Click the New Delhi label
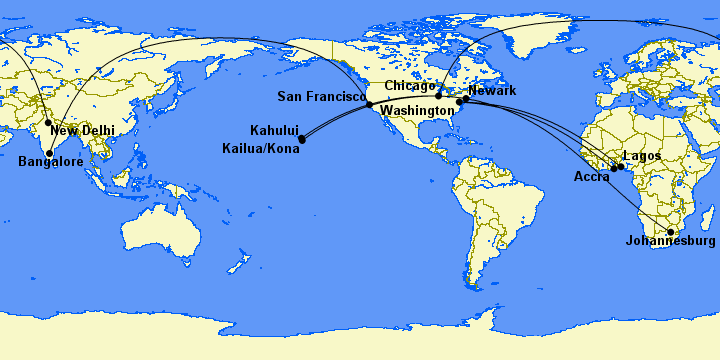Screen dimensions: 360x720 click(x=82, y=131)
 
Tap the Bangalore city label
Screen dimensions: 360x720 click(x=50, y=161)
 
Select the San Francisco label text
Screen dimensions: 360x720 click(x=320, y=96)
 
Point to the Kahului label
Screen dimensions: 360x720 click(x=274, y=130)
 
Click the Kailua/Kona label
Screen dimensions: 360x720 click(x=260, y=149)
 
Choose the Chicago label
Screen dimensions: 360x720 click(x=410, y=86)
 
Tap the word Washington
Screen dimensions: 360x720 click(x=417, y=109)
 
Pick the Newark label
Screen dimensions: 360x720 click(x=492, y=91)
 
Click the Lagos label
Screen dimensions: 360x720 click(x=641, y=156)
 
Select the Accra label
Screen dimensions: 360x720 click(x=592, y=177)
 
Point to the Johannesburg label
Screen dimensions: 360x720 click(x=670, y=241)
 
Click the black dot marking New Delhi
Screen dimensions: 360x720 click(x=48, y=123)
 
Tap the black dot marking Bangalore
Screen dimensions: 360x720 click(x=49, y=153)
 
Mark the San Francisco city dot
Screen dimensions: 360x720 click(x=369, y=104)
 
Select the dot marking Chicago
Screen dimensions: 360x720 click(x=438, y=94)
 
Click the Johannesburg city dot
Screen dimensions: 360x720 click(x=671, y=231)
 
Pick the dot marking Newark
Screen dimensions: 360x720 click(x=466, y=99)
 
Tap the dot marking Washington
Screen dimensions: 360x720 click(x=460, y=102)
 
